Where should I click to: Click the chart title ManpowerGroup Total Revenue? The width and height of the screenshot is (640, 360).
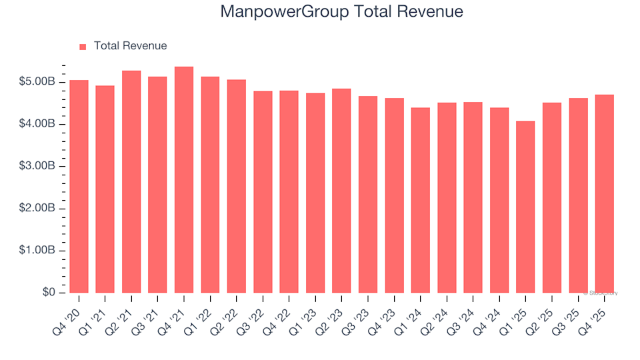tap(341, 12)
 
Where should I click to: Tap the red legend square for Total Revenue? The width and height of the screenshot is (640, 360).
tap(83, 47)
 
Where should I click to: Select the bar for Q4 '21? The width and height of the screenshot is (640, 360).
tap(184, 180)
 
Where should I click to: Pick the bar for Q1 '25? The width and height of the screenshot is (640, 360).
tap(526, 207)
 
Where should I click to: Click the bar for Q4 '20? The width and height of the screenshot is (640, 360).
tap(79, 187)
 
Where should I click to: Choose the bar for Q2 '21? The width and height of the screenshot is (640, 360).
tap(131, 182)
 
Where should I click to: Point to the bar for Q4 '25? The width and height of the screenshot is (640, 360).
tap(605, 194)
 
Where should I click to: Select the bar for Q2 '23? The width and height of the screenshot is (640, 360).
tap(342, 191)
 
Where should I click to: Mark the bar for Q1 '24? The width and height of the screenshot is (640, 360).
tap(421, 200)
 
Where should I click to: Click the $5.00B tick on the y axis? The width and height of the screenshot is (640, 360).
tap(38, 82)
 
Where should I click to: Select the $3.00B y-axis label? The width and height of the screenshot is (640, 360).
tap(38, 166)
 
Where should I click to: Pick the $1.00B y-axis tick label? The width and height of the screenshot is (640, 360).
tap(38, 251)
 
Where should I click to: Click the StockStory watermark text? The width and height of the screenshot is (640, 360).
tap(601, 293)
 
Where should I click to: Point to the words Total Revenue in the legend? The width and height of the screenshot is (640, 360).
tap(130, 46)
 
